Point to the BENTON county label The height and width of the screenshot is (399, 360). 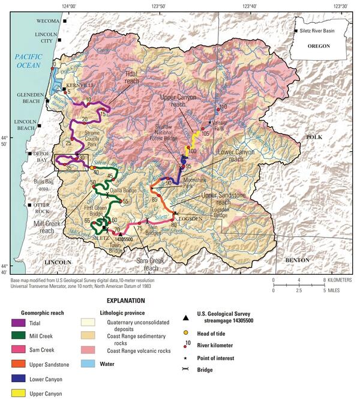click(x=297, y=260)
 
